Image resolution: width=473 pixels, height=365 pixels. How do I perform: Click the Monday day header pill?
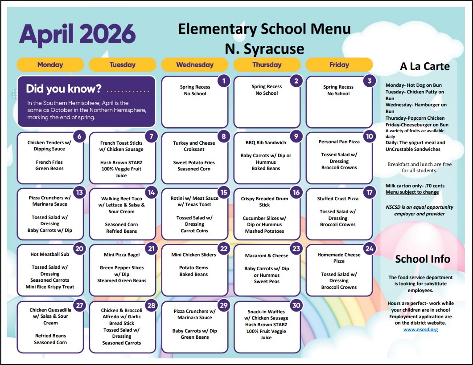point(50,65)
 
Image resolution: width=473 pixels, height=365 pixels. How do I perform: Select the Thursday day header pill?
point(267,65)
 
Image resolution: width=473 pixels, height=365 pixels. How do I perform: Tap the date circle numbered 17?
point(369,193)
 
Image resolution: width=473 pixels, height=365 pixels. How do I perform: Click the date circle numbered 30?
point(296,305)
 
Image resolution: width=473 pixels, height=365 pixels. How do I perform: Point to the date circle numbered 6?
point(79,137)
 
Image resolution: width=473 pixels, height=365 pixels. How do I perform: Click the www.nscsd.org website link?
point(420,329)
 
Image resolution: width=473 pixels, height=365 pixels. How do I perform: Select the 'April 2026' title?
point(77,33)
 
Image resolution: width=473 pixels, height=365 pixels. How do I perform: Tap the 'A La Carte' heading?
point(424,66)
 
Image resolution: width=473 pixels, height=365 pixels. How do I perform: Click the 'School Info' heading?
point(423,259)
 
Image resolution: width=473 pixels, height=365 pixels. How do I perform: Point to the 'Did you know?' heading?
point(64,89)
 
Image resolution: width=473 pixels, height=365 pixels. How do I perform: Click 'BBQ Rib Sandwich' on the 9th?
point(266,143)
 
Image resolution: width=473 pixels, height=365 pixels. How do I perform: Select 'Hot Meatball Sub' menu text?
point(50,255)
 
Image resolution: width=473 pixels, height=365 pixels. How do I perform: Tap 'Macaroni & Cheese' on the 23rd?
point(267,256)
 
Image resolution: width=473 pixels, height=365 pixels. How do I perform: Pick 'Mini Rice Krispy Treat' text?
point(50,287)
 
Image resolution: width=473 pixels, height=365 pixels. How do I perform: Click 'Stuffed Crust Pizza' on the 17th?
point(338,199)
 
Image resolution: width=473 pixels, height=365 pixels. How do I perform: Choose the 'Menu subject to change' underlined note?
point(412,192)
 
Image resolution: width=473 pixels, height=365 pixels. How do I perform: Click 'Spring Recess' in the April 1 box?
point(195,87)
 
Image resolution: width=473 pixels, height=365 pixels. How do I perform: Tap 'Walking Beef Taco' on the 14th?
point(121,199)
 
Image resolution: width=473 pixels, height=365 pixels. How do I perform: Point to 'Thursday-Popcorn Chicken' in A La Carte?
point(415,118)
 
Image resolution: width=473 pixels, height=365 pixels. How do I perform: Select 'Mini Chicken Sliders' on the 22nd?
point(193,255)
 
